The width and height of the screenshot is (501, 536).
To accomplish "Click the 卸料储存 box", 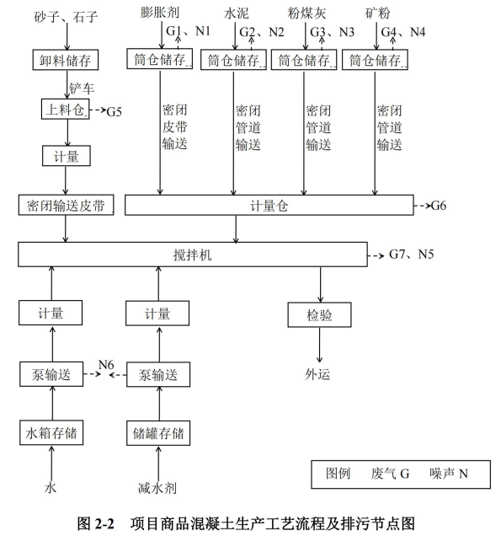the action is pyautogui.click(x=66, y=60).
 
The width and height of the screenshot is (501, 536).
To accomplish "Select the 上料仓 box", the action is pyautogui.click(x=65, y=109).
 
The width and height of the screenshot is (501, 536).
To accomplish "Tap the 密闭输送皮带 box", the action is pyautogui.click(x=66, y=205).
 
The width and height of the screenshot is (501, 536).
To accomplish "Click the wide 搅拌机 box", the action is pyautogui.click(x=193, y=255).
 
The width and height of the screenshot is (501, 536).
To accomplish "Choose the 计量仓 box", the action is pyautogui.click(x=269, y=205).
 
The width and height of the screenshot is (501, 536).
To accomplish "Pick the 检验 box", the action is pyautogui.click(x=319, y=315).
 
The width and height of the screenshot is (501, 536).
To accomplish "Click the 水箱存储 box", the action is pyautogui.click(x=51, y=433).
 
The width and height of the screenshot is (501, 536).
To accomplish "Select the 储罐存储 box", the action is pyautogui.click(x=158, y=433).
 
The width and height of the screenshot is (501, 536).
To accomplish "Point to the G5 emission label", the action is pyautogui.click(x=114, y=112).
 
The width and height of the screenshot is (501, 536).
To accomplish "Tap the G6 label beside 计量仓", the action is pyautogui.click(x=439, y=206).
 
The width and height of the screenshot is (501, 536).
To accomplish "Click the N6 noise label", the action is pyautogui.click(x=106, y=364).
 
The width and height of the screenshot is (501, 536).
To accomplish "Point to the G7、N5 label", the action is pyautogui.click(x=411, y=255).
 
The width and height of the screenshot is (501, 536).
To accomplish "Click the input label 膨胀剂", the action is pyautogui.click(x=160, y=13).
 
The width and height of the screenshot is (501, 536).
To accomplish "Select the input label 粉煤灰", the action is pyautogui.click(x=306, y=13).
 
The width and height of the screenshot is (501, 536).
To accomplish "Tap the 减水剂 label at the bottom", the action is pyautogui.click(x=157, y=488).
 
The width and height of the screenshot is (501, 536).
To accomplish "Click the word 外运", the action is pyautogui.click(x=317, y=374).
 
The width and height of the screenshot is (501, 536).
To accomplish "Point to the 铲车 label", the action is pyautogui.click(x=82, y=88).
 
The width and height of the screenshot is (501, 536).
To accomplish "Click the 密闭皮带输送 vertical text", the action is pyautogui.click(x=174, y=126).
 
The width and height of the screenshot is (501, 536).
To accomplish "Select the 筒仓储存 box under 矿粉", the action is pyautogui.click(x=375, y=60).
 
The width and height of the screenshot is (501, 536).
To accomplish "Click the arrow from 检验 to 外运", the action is pyautogui.click(x=320, y=345).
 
